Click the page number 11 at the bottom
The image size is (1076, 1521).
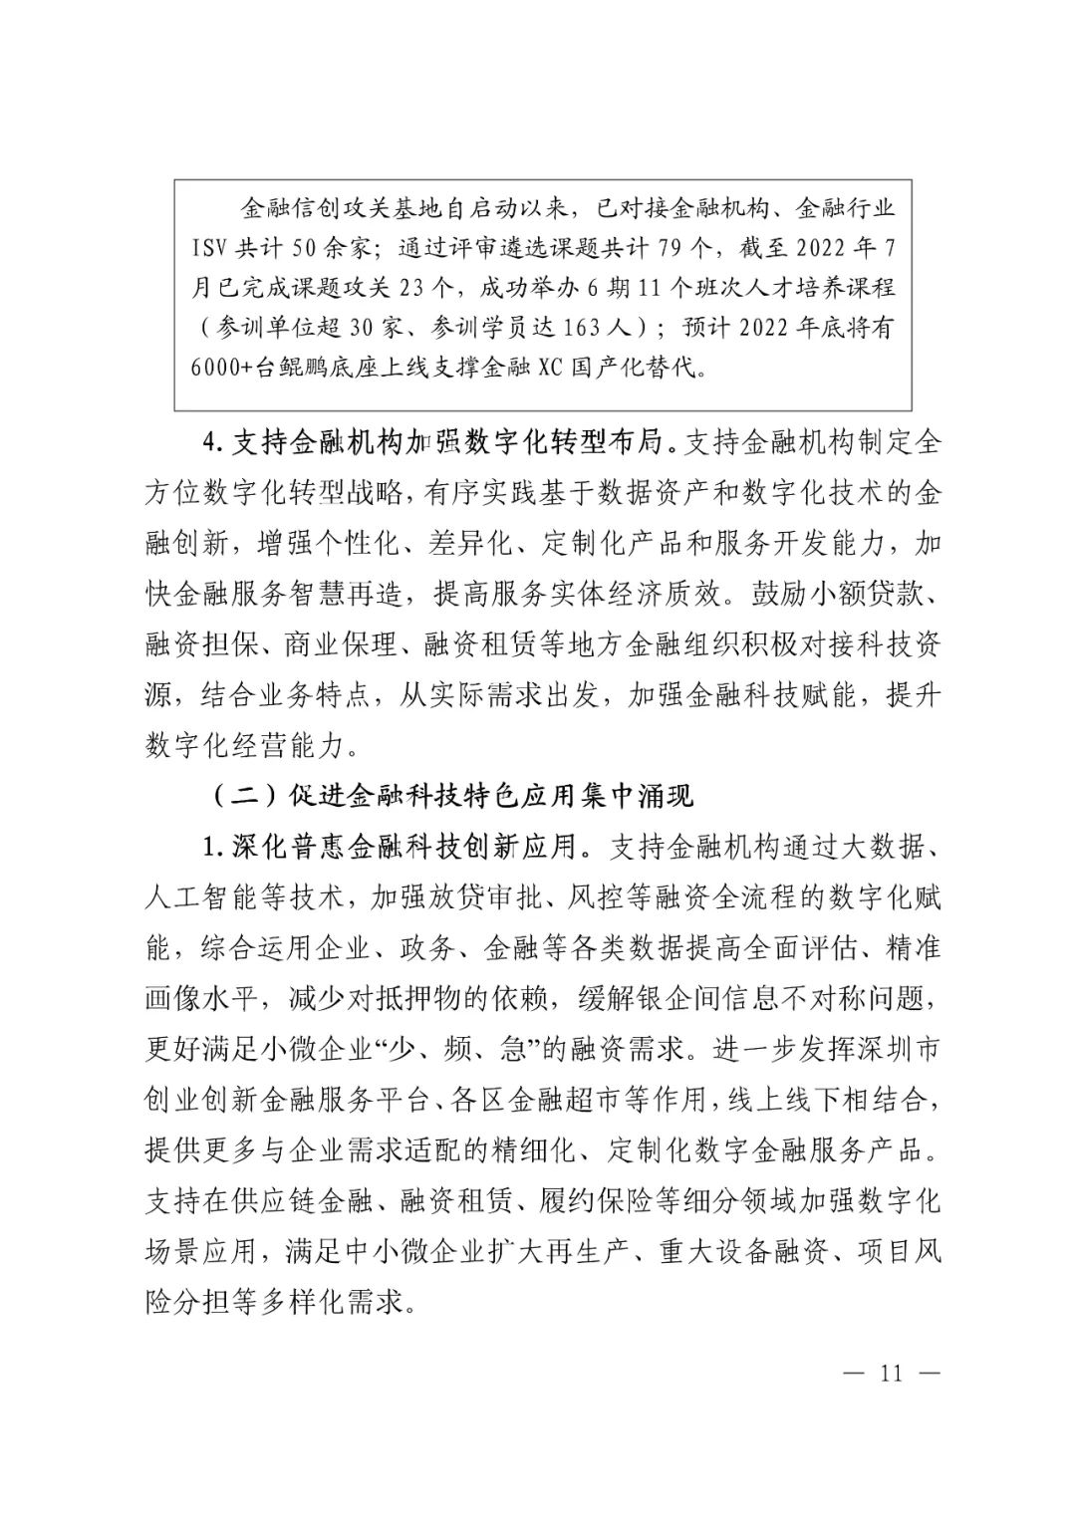coord(891,1373)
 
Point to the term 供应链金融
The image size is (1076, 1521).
coord(304,1201)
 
